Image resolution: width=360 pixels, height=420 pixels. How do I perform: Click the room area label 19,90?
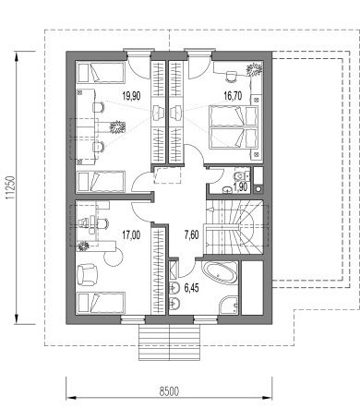click(x=131, y=96)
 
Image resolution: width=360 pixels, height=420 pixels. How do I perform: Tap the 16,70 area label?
click(x=233, y=96)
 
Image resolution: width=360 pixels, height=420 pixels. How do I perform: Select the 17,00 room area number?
click(x=131, y=235)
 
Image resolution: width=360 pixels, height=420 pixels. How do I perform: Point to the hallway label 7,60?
click(x=191, y=235)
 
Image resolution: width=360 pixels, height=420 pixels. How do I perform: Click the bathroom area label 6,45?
click(x=191, y=288)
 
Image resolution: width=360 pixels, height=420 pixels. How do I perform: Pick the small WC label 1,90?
click(x=240, y=186)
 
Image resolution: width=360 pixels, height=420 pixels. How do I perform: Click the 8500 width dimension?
click(x=169, y=391)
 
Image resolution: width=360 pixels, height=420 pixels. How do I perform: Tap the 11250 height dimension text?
click(x=11, y=187)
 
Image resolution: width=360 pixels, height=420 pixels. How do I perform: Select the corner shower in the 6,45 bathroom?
click(x=229, y=306)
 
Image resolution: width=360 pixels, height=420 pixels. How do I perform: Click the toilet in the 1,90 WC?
click(x=242, y=175)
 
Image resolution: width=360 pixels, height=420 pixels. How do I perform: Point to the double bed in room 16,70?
click(x=234, y=127)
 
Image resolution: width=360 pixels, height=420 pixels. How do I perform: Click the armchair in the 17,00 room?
click(x=88, y=274)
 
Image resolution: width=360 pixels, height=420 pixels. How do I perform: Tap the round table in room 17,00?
click(x=114, y=258)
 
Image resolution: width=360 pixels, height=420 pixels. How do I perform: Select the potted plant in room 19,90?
click(x=117, y=126)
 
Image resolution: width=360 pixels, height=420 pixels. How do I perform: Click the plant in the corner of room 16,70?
click(x=254, y=69)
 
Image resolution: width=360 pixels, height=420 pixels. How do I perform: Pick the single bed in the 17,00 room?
click(x=102, y=302)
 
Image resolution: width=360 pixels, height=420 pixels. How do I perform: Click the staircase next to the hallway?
click(x=234, y=228)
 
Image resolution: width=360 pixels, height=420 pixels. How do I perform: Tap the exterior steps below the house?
click(x=170, y=342)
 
